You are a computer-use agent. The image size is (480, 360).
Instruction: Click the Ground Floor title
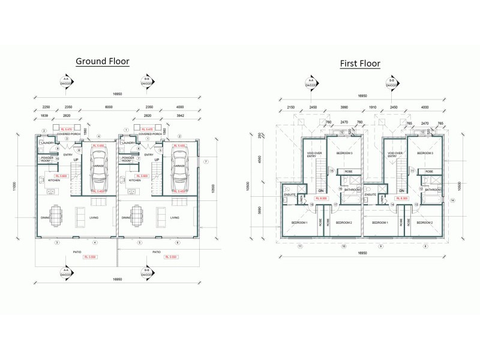102,61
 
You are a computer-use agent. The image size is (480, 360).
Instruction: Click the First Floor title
360,63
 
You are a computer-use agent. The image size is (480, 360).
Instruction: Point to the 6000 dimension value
109,107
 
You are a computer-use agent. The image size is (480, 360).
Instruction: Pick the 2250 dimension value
44,107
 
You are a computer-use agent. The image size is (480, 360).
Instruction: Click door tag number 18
312,205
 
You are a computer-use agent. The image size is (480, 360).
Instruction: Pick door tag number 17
335,205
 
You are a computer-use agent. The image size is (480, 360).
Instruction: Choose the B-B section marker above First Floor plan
392,82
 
